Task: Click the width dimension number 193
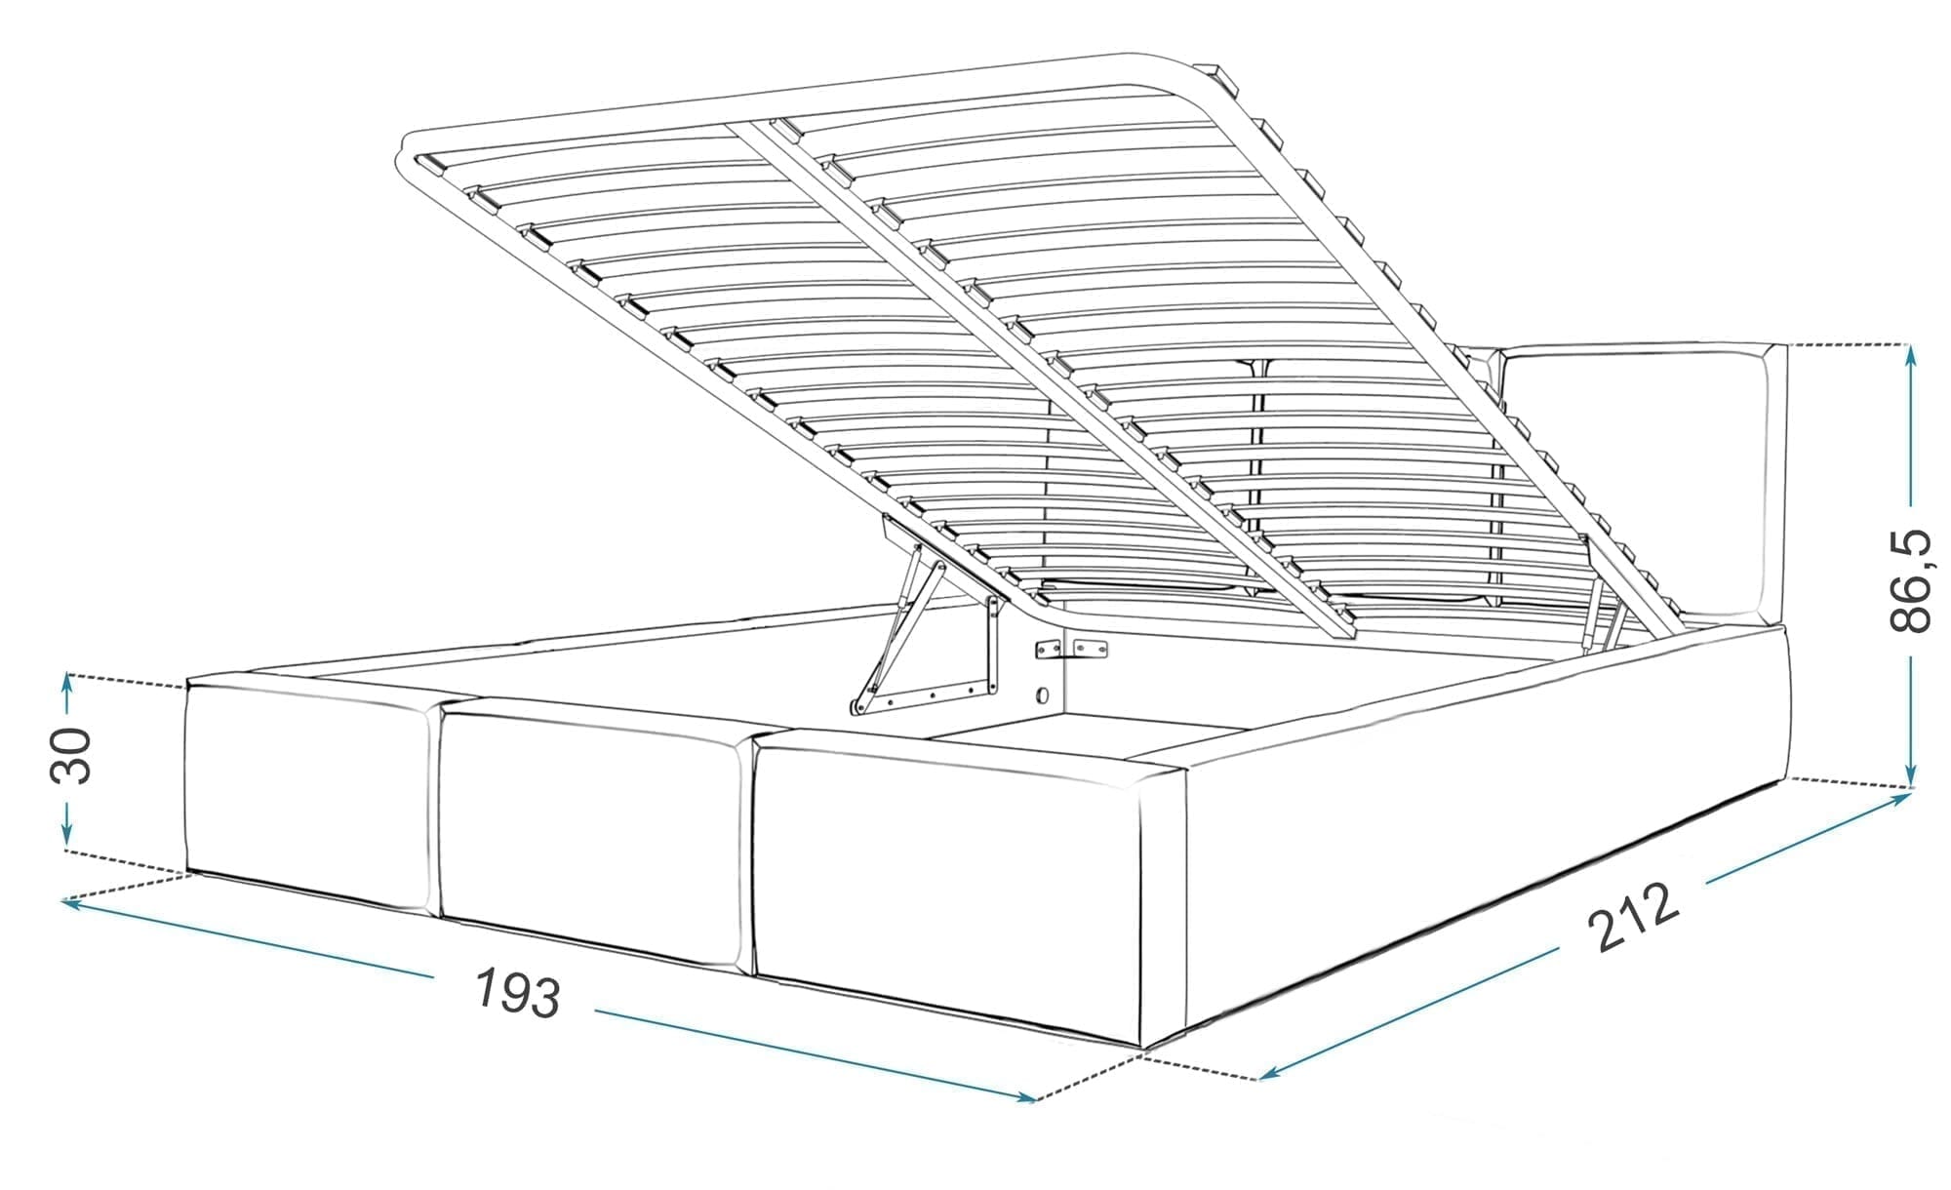[x=518, y=992]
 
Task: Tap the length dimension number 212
[x=1633, y=917]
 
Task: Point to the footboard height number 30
[x=70, y=755]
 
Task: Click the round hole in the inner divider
[x=1043, y=696]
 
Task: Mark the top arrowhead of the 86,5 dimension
[x=1911, y=356]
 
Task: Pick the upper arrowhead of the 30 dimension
[x=66, y=684]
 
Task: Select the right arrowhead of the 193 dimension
[x=1023, y=1097]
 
